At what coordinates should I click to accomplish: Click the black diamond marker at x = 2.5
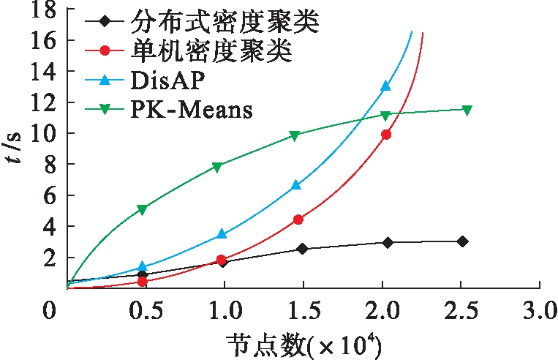(x=462, y=241)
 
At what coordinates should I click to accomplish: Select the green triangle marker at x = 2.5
(x=467, y=110)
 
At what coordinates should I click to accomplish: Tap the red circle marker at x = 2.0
(x=386, y=135)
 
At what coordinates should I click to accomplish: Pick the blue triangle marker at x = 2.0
(x=385, y=86)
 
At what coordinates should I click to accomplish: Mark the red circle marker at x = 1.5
(x=298, y=220)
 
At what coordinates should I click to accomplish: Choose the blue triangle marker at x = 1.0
(x=222, y=234)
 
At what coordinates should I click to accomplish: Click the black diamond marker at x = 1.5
(x=303, y=249)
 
